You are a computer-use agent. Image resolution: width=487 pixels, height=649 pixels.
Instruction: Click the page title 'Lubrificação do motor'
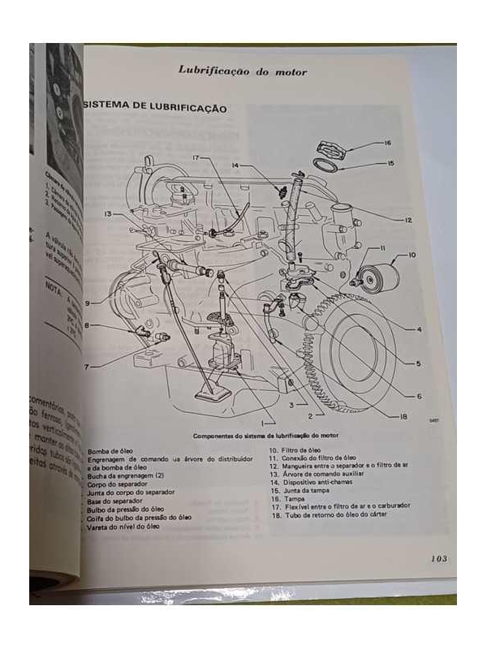(243, 71)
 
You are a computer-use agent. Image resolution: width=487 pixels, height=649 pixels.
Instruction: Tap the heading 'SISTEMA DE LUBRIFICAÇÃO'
(155, 108)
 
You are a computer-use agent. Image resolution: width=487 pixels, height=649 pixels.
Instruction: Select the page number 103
(439, 558)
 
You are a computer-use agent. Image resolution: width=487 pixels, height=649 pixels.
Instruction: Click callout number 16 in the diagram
(387, 143)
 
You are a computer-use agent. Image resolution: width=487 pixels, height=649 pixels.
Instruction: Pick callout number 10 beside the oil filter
(412, 256)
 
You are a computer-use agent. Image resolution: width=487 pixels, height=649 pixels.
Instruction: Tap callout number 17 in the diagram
(196, 157)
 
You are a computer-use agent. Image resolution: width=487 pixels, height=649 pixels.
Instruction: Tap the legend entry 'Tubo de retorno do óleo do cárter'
(330, 515)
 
